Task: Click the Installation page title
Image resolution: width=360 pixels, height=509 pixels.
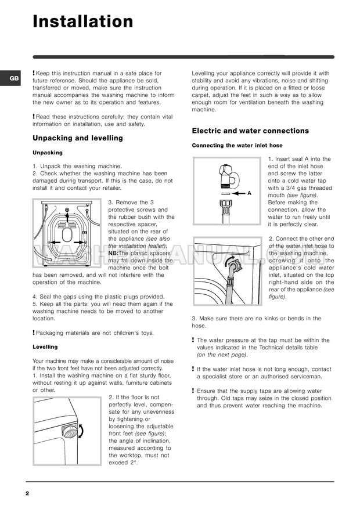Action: (83, 21)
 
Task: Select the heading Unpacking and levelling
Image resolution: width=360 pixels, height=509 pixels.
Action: (78, 138)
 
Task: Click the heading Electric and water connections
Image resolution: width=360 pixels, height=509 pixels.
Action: (250, 131)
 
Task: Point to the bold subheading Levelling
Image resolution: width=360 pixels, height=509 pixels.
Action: (45, 346)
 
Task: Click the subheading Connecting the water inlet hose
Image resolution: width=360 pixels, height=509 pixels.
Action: (237, 145)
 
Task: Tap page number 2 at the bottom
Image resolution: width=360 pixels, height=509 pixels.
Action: (27, 493)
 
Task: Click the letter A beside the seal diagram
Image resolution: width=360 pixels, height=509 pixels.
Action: (249, 193)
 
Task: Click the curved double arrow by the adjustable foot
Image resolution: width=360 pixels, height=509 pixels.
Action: (81, 431)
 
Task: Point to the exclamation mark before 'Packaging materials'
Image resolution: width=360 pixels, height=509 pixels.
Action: (34, 333)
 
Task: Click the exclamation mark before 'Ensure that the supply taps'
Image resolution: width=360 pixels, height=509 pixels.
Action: (193, 391)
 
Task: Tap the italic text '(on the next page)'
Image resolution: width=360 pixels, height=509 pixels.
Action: (222, 354)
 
